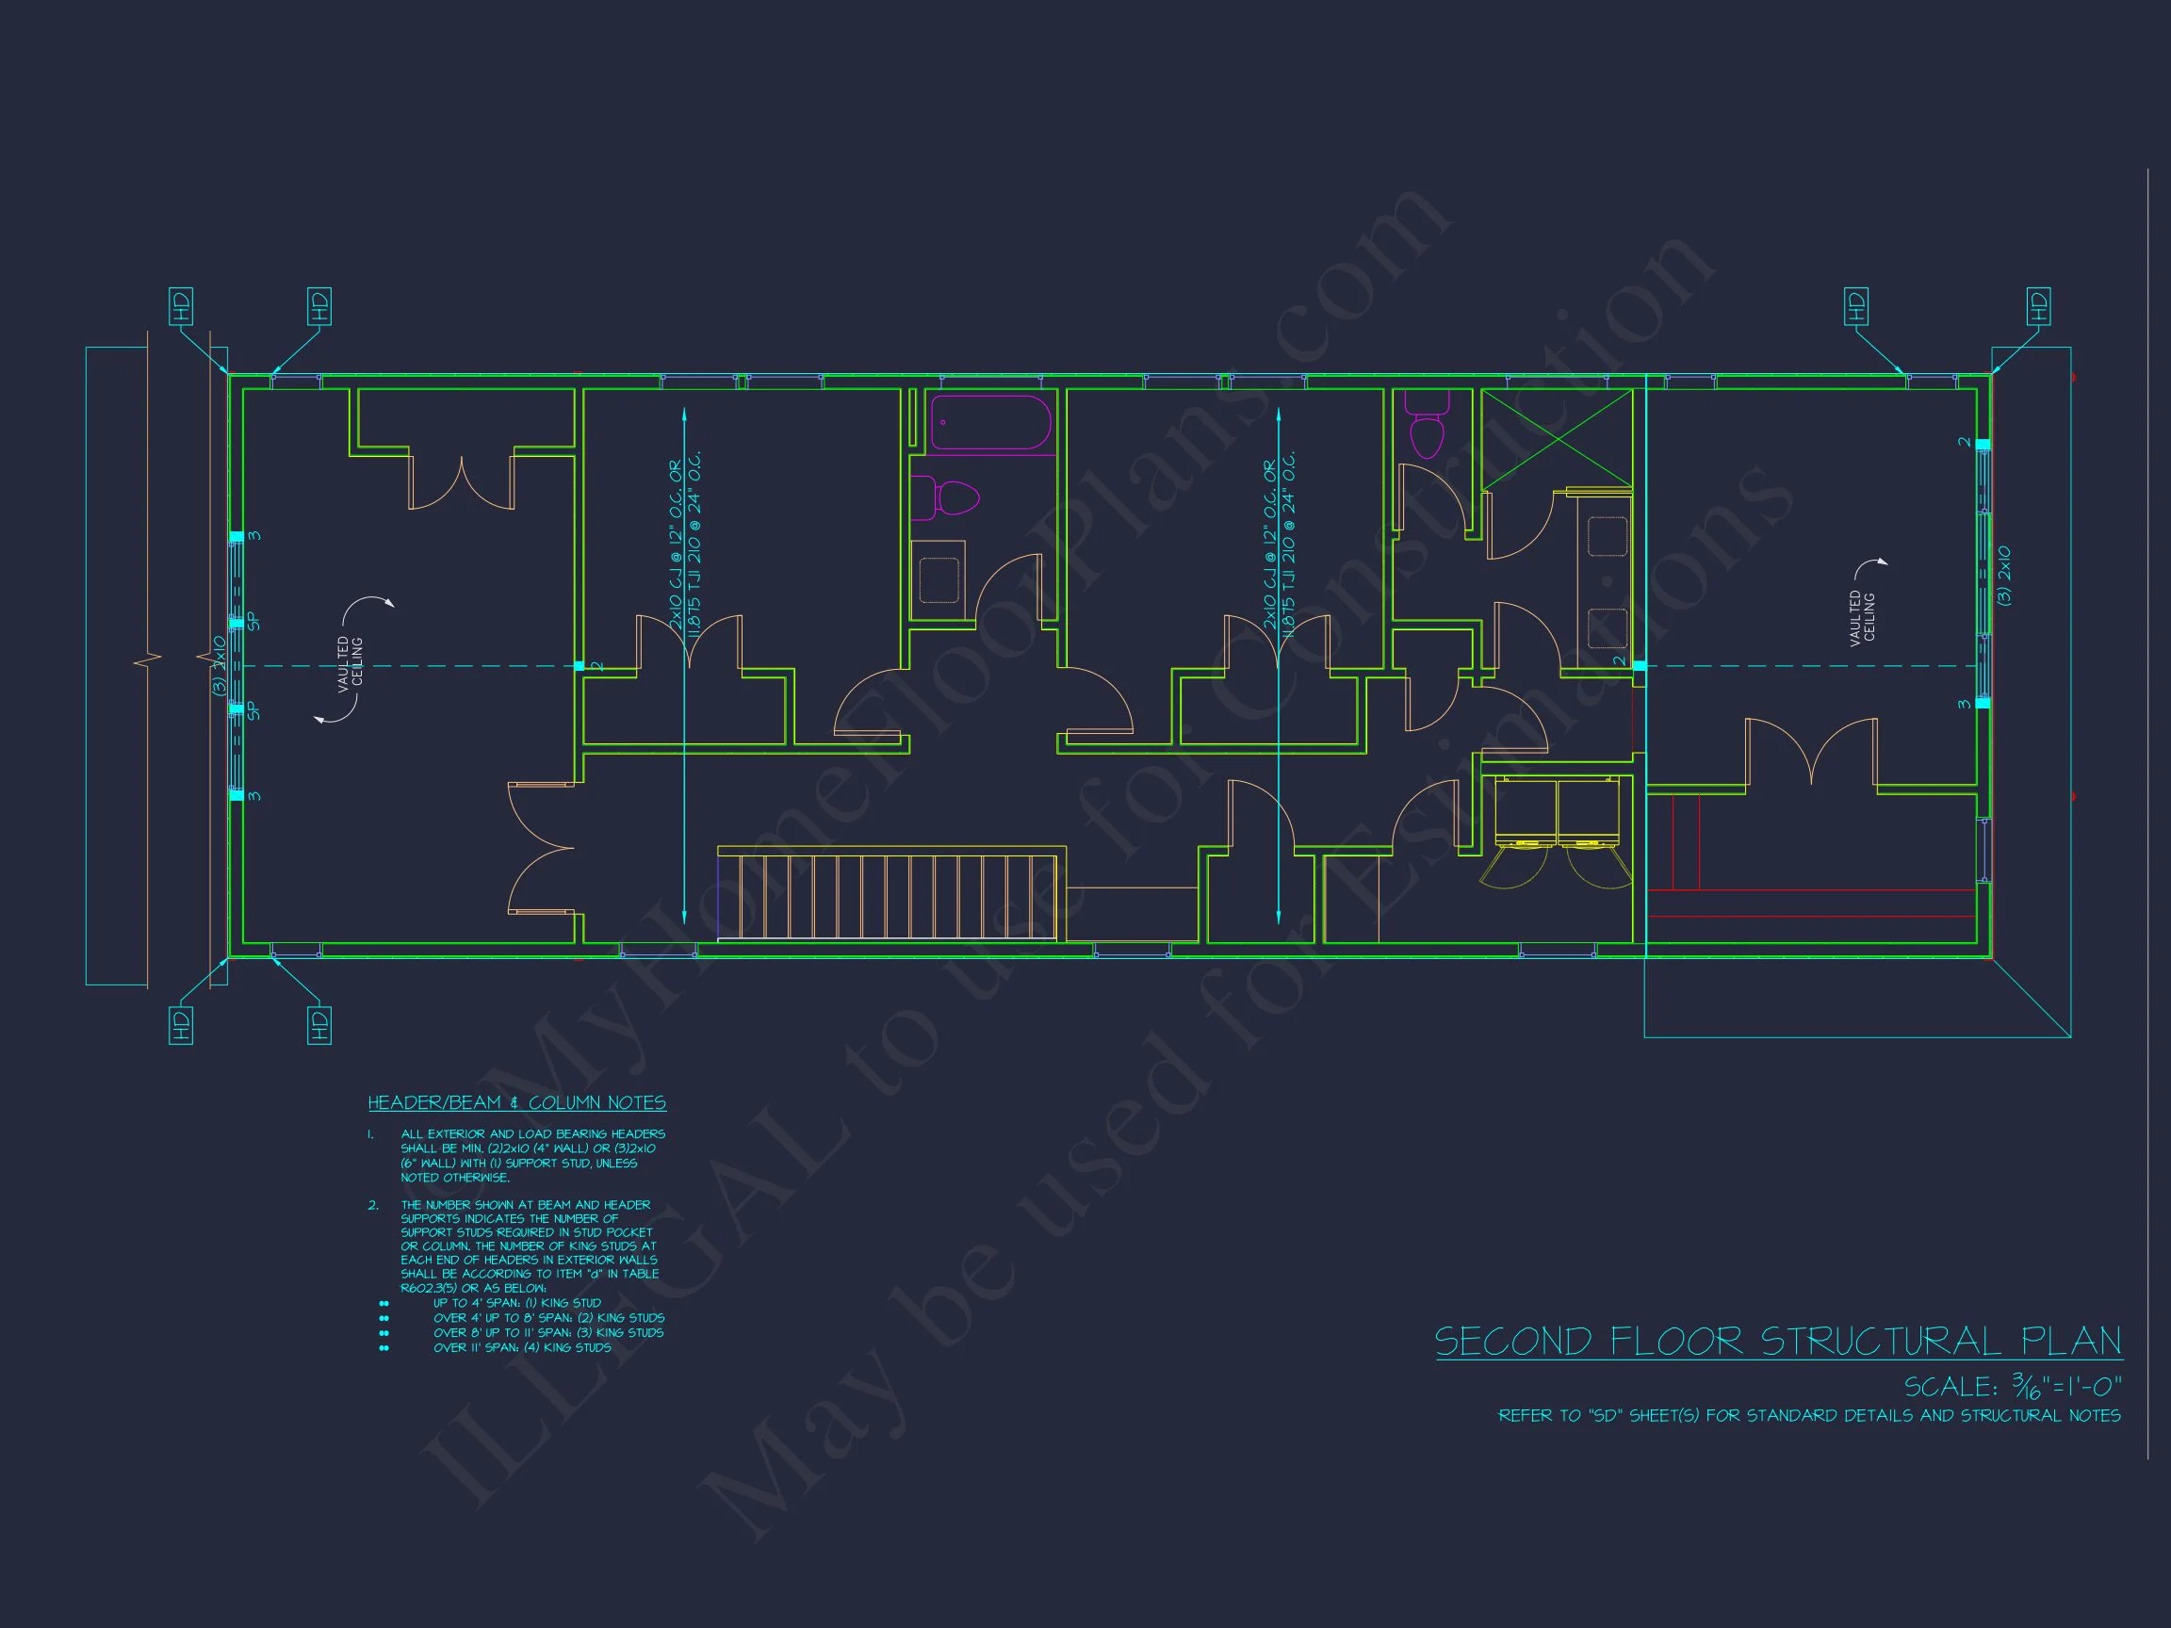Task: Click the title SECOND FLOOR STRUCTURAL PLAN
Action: point(1777,1342)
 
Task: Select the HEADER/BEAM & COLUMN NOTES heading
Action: point(516,1103)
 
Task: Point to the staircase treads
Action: point(886,897)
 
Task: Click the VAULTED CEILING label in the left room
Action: point(351,663)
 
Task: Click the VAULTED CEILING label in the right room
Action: point(1862,617)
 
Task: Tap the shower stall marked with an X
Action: point(1557,439)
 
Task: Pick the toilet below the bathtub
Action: point(947,497)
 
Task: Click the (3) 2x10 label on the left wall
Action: point(219,666)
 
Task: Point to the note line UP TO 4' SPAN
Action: point(517,1303)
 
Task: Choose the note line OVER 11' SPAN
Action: point(522,1347)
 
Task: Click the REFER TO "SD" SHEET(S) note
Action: point(1809,1415)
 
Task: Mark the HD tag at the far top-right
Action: point(2039,306)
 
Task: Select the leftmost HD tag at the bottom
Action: point(181,1025)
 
